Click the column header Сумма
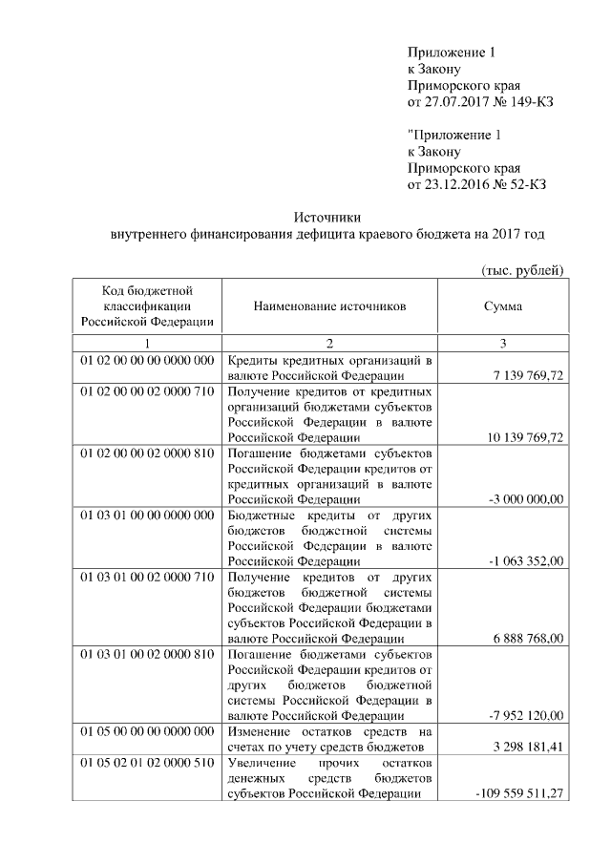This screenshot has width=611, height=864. (503, 306)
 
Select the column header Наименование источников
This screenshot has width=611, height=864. (330, 306)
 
